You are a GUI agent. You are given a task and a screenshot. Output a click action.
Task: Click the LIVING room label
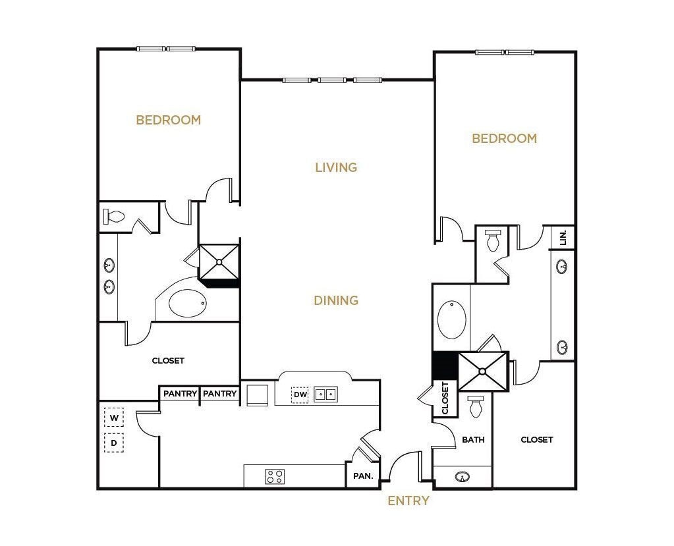point(336,167)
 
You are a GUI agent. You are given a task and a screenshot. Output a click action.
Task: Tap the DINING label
point(336,300)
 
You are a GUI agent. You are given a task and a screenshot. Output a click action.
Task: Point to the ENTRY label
point(408,501)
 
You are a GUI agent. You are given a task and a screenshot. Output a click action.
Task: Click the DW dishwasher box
point(300,395)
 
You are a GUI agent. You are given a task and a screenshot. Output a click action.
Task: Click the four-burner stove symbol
point(275,476)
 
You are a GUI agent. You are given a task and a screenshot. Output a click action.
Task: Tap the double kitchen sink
point(325,395)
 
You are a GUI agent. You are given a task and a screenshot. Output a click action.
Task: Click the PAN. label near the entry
point(363,476)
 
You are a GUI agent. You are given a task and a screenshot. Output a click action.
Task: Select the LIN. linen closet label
point(563,238)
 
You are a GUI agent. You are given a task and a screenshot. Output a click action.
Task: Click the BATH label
point(473,439)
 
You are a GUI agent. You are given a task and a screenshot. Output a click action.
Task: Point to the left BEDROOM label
point(169,120)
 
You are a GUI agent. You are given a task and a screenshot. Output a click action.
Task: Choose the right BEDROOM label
point(505,138)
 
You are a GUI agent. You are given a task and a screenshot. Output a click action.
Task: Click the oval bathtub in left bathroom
point(187,303)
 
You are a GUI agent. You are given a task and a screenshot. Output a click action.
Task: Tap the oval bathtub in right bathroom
point(452,319)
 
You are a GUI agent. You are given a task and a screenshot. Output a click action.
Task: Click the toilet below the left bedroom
point(115,217)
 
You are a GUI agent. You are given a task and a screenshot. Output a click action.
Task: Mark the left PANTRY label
point(180,394)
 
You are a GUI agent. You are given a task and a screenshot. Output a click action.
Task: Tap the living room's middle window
point(332,80)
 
